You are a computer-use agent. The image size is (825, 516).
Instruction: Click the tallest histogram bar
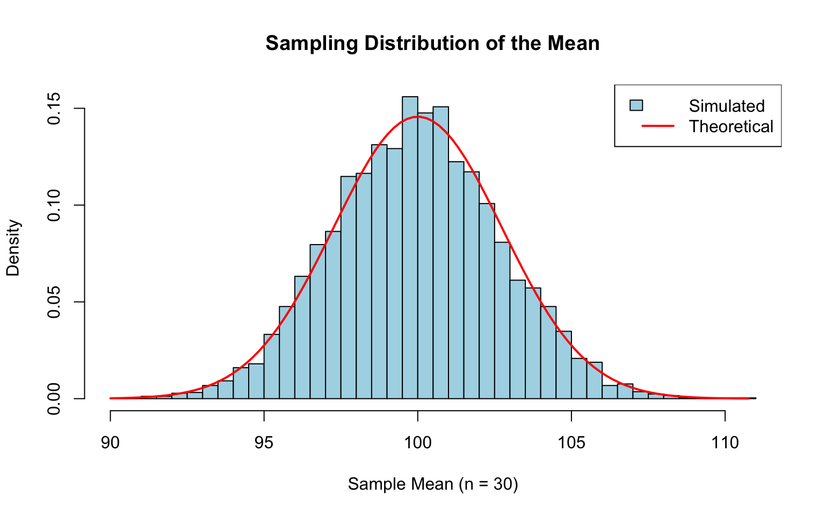point(410,247)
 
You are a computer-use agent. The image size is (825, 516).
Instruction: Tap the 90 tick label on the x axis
point(110,443)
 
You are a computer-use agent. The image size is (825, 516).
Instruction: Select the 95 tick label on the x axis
point(264,443)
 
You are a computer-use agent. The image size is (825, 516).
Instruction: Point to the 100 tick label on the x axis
point(417,443)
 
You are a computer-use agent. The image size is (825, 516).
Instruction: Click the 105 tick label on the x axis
point(571,443)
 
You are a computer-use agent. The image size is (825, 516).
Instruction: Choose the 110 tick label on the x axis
point(725,443)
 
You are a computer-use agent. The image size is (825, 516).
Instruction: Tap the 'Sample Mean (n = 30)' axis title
point(433,484)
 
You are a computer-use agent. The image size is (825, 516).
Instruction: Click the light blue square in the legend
point(636,105)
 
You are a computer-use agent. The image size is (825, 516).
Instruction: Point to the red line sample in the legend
point(657,126)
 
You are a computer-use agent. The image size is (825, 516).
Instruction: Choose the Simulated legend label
point(727,106)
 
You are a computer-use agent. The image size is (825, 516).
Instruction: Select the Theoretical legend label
point(731,126)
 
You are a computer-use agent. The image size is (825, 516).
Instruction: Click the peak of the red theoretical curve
point(417,117)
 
